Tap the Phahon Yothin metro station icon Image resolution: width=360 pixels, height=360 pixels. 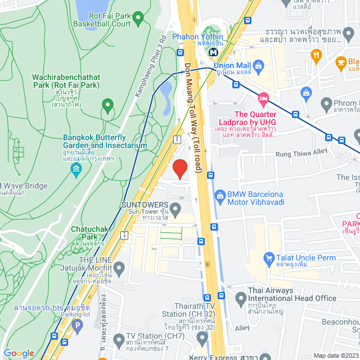click(x=214, y=52)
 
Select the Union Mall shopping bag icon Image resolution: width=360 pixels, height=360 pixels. click(x=258, y=67)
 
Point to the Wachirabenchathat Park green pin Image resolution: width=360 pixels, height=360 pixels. click(x=107, y=105)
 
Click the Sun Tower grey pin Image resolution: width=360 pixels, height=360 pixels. click(x=175, y=210)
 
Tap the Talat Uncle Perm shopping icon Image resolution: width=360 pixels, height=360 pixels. click(x=269, y=258)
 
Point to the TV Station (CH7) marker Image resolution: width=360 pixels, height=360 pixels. click(x=119, y=340)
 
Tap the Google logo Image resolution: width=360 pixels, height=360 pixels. click(x=19, y=353)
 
